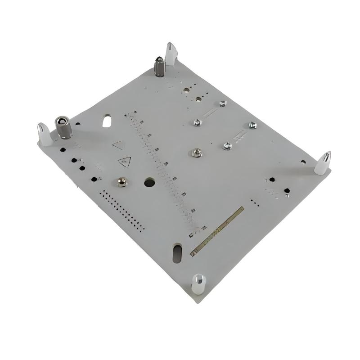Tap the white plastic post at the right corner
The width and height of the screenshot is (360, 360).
coord(323,163)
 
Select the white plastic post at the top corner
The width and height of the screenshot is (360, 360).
coord(171,54)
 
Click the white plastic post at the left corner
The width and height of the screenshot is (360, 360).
coord(44,134)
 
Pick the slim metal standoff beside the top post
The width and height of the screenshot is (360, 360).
coord(159,66)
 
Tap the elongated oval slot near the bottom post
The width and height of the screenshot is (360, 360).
coord(177,253)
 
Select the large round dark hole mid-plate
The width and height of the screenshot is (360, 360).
coord(149,182)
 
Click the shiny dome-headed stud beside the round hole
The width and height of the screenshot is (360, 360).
coord(121,181)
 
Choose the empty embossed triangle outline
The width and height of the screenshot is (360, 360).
coord(119,145)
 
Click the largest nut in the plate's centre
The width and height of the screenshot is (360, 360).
coord(196,153)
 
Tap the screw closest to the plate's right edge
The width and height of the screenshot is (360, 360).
coord(252,125)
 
